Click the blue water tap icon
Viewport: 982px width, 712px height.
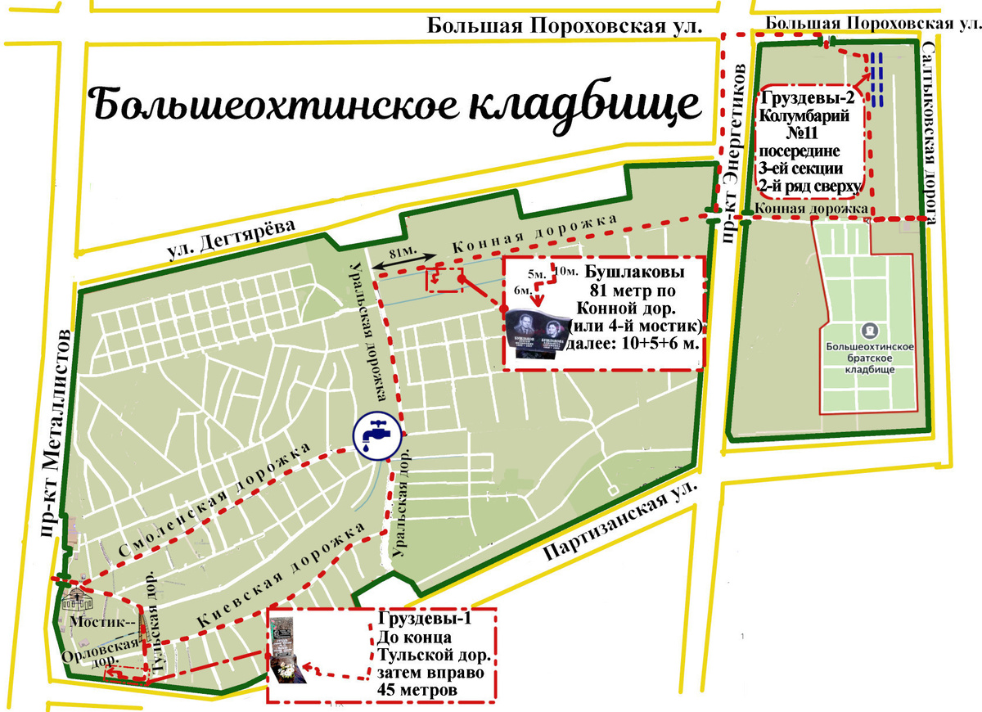(x=377, y=434)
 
